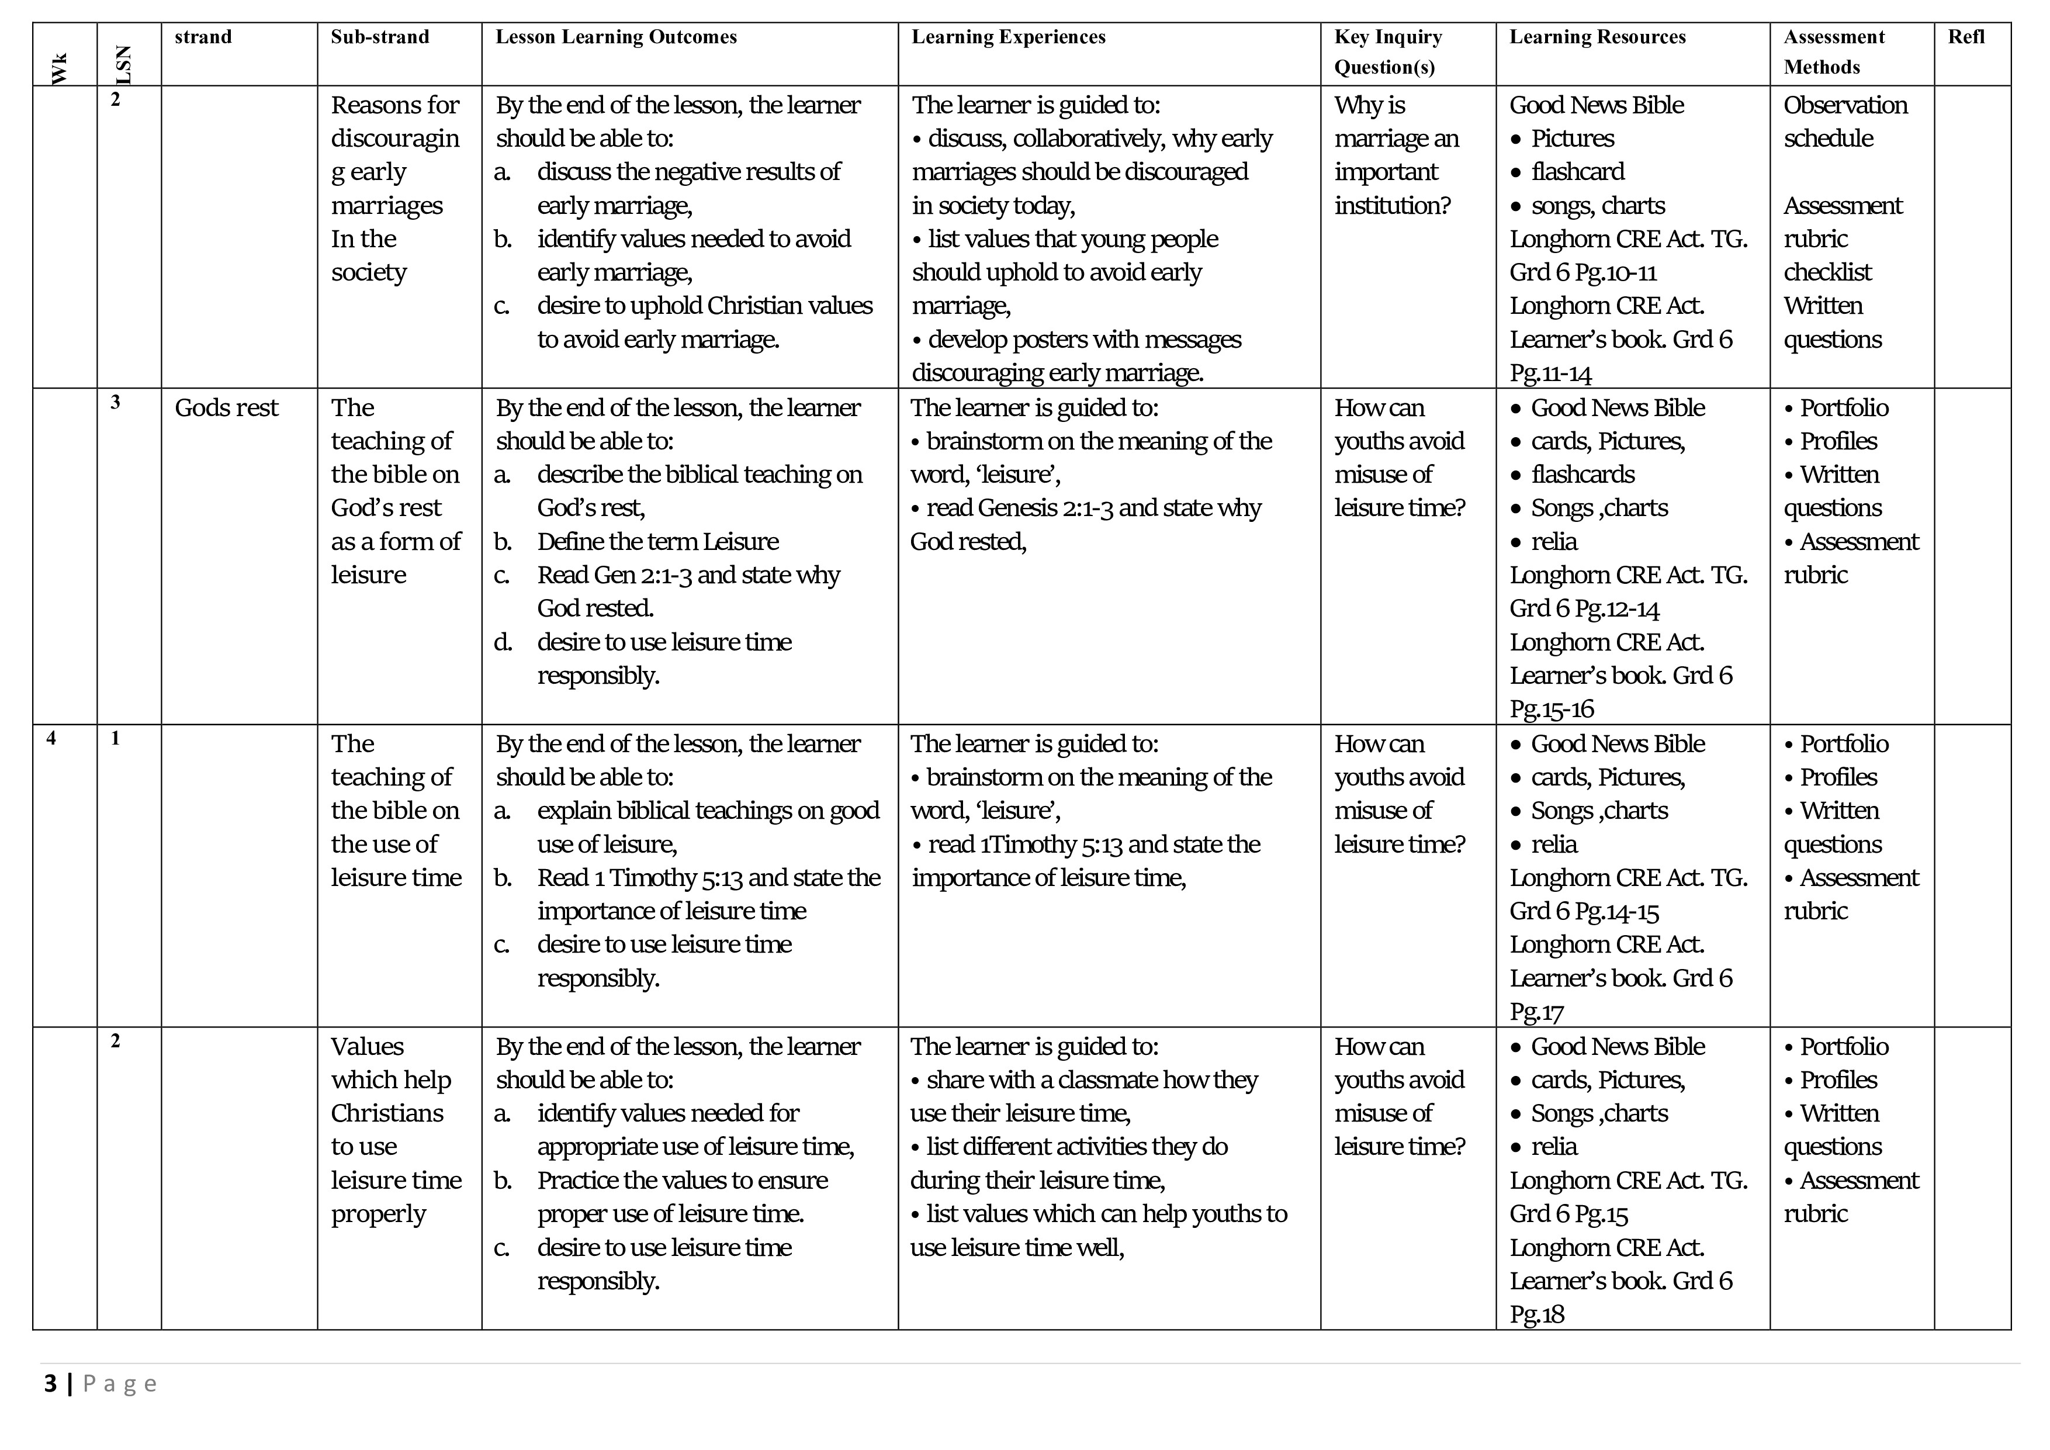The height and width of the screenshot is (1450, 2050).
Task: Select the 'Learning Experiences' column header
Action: [1008, 37]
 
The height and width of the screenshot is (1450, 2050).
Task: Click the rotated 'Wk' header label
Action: [59, 69]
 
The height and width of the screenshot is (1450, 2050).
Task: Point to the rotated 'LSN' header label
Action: [123, 64]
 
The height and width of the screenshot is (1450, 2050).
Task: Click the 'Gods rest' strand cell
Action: [226, 408]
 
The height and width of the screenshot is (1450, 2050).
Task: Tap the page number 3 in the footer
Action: [51, 1384]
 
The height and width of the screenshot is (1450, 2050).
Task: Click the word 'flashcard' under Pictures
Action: [1577, 171]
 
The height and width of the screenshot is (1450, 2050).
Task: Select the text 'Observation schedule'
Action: [1845, 122]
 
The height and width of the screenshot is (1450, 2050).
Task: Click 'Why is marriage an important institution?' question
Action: [1395, 155]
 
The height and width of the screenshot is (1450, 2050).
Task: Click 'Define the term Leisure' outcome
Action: [657, 542]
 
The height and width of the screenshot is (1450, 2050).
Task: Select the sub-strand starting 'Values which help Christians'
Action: [396, 1130]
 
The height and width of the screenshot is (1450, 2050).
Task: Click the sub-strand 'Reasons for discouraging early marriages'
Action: [396, 188]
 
